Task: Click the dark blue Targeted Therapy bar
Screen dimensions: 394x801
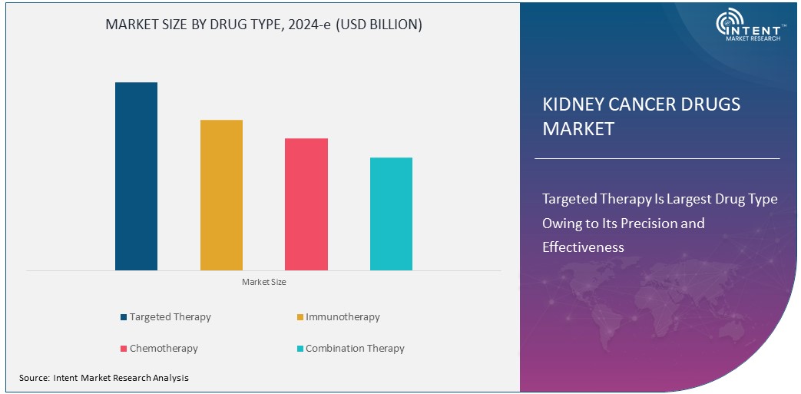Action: (136, 176)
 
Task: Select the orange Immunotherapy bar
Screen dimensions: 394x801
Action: (221, 195)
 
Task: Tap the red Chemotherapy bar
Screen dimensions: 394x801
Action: (306, 204)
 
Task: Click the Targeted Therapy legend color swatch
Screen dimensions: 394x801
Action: (124, 317)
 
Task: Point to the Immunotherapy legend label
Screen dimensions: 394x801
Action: (343, 317)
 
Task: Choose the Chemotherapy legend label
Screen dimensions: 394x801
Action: (164, 349)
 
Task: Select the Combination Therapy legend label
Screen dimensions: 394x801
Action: (355, 349)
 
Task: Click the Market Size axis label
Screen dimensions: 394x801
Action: (263, 283)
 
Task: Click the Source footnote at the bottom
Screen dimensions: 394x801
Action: (104, 378)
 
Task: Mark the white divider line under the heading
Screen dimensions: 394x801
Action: (657, 158)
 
